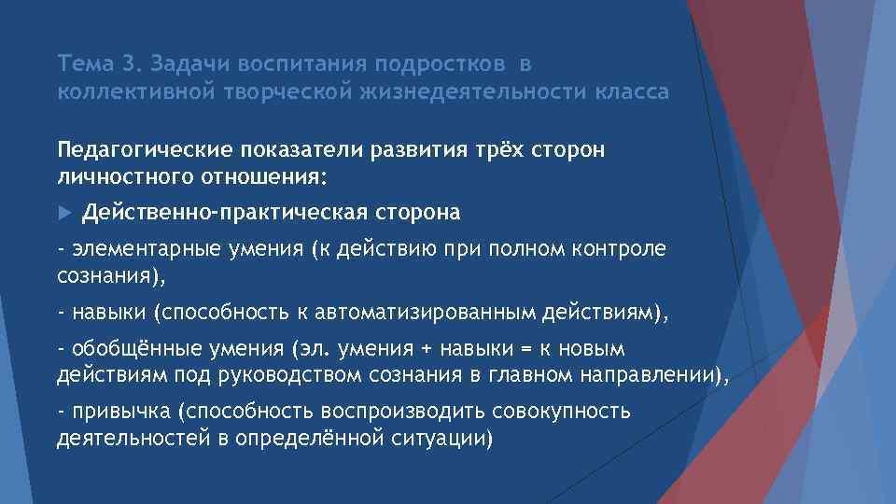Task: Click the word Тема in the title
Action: click(x=85, y=64)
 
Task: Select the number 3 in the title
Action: click(x=128, y=64)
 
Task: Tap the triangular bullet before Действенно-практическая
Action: click(x=64, y=214)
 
